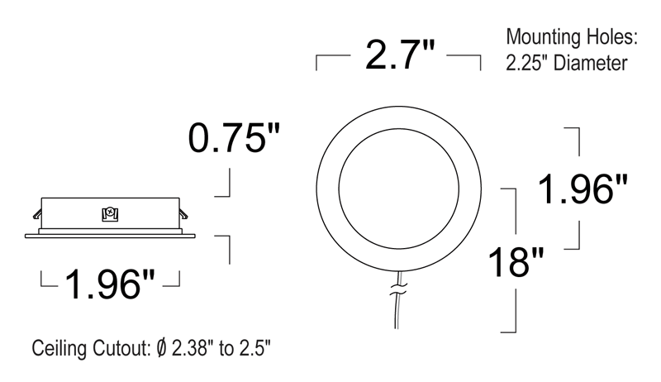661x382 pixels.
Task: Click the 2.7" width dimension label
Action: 399,55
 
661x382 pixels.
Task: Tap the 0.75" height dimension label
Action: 234,138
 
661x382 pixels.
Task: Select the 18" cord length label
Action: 516,262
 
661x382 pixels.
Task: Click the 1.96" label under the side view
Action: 110,284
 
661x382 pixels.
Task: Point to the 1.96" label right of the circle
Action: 583,189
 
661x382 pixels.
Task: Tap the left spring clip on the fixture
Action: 37,214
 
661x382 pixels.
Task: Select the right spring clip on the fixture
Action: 183,214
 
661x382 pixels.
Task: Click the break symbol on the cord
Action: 398,289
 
